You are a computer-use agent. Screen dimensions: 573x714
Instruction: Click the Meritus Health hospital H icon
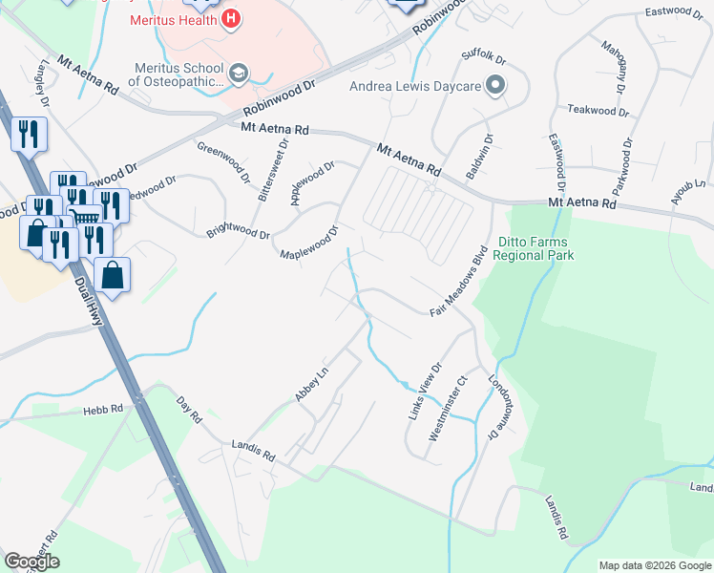[x=230, y=18]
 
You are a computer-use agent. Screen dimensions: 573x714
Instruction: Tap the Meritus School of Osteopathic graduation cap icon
[x=238, y=72]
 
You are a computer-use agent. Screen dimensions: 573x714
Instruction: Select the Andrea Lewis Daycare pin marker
[x=495, y=87]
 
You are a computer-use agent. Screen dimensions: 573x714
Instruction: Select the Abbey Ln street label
[x=311, y=385]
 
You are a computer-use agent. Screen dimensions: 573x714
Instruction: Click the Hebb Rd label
[x=102, y=409]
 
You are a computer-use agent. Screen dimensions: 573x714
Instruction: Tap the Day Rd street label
[x=190, y=411]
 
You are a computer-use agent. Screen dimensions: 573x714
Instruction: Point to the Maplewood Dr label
[x=310, y=245]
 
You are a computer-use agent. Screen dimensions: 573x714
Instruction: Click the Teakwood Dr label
[x=598, y=111]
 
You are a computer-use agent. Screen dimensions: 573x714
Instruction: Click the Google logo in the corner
[x=31, y=562]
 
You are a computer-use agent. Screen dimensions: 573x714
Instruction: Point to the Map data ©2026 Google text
[x=654, y=565]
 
